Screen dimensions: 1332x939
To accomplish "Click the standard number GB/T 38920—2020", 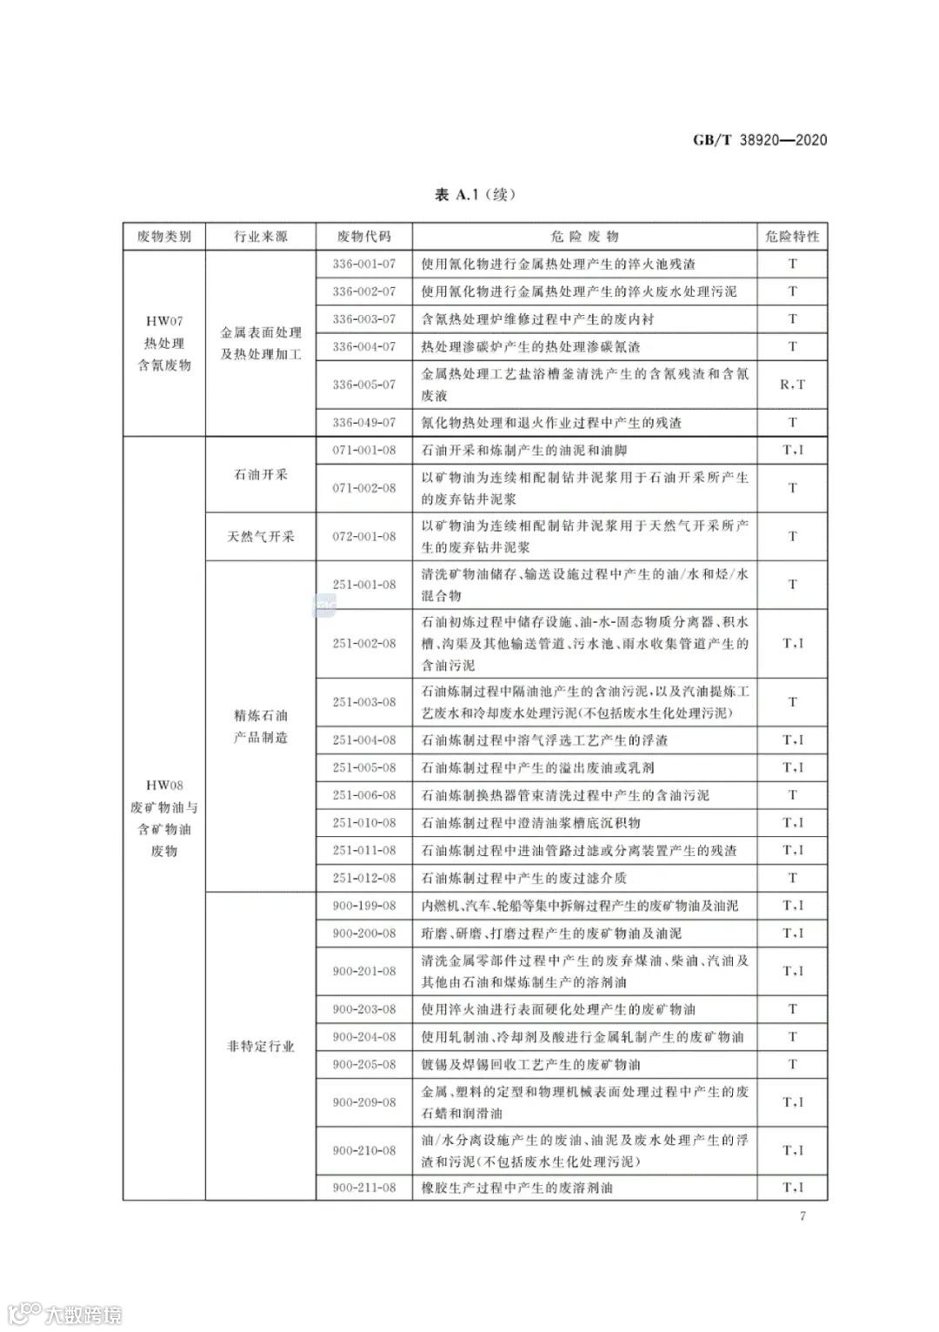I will pyautogui.click(x=759, y=139).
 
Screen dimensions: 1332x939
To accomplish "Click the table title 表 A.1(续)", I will pyautogui.click(x=475, y=194).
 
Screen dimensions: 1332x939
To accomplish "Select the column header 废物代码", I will pyautogui.click(x=363, y=237).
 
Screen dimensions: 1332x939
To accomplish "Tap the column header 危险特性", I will pyautogui.click(x=791, y=237).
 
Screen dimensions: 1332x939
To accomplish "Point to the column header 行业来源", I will pyautogui.click(x=260, y=237).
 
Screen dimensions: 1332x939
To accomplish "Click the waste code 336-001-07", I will pyautogui.click(x=363, y=264).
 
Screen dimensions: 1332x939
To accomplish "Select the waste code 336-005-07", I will pyautogui.click(x=363, y=384).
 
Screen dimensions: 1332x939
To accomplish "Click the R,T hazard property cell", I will pyautogui.click(x=791, y=384).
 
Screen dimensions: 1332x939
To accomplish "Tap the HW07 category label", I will pyautogui.click(x=164, y=321).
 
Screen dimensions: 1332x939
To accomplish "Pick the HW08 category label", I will pyautogui.click(x=164, y=785).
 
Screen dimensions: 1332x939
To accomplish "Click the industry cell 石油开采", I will pyautogui.click(x=260, y=475).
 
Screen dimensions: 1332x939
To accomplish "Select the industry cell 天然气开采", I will pyautogui.click(x=260, y=537).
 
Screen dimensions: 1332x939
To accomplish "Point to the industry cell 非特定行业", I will pyautogui.click(x=260, y=1047).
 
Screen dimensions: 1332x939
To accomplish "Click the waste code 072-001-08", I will pyautogui.click(x=363, y=537).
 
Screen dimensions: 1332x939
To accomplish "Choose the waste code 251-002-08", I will pyautogui.click(x=363, y=644).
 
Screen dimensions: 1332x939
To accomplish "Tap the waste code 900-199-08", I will pyautogui.click(x=363, y=906).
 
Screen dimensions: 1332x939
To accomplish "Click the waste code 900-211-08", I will pyautogui.click(x=363, y=1188).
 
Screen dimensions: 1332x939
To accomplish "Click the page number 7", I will pyautogui.click(x=802, y=1215).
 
